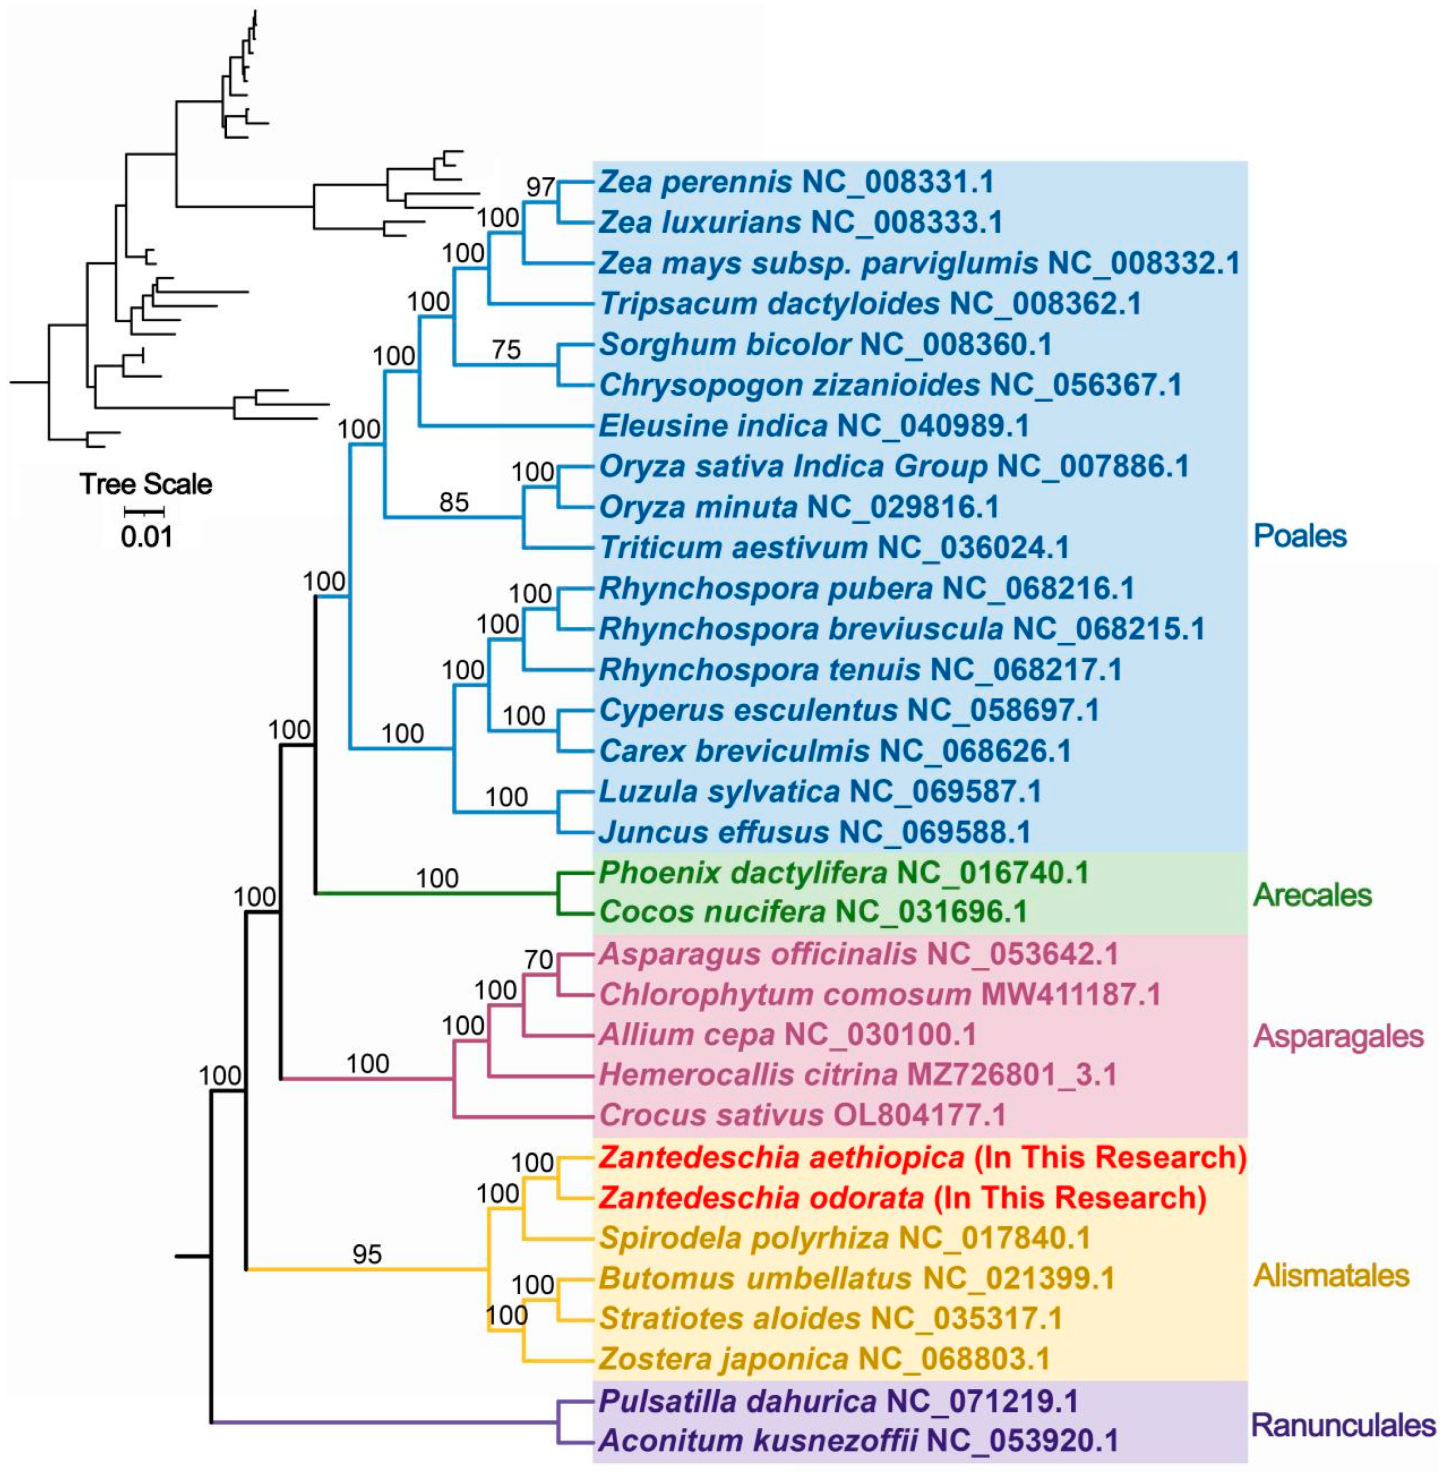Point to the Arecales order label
click(x=1312, y=894)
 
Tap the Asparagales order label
click(x=1338, y=1036)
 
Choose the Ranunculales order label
click(x=1342, y=1424)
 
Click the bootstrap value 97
click(x=540, y=187)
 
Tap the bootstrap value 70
click(x=538, y=960)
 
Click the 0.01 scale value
click(x=147, y=537)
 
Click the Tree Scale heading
click(x=147, y=484)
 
